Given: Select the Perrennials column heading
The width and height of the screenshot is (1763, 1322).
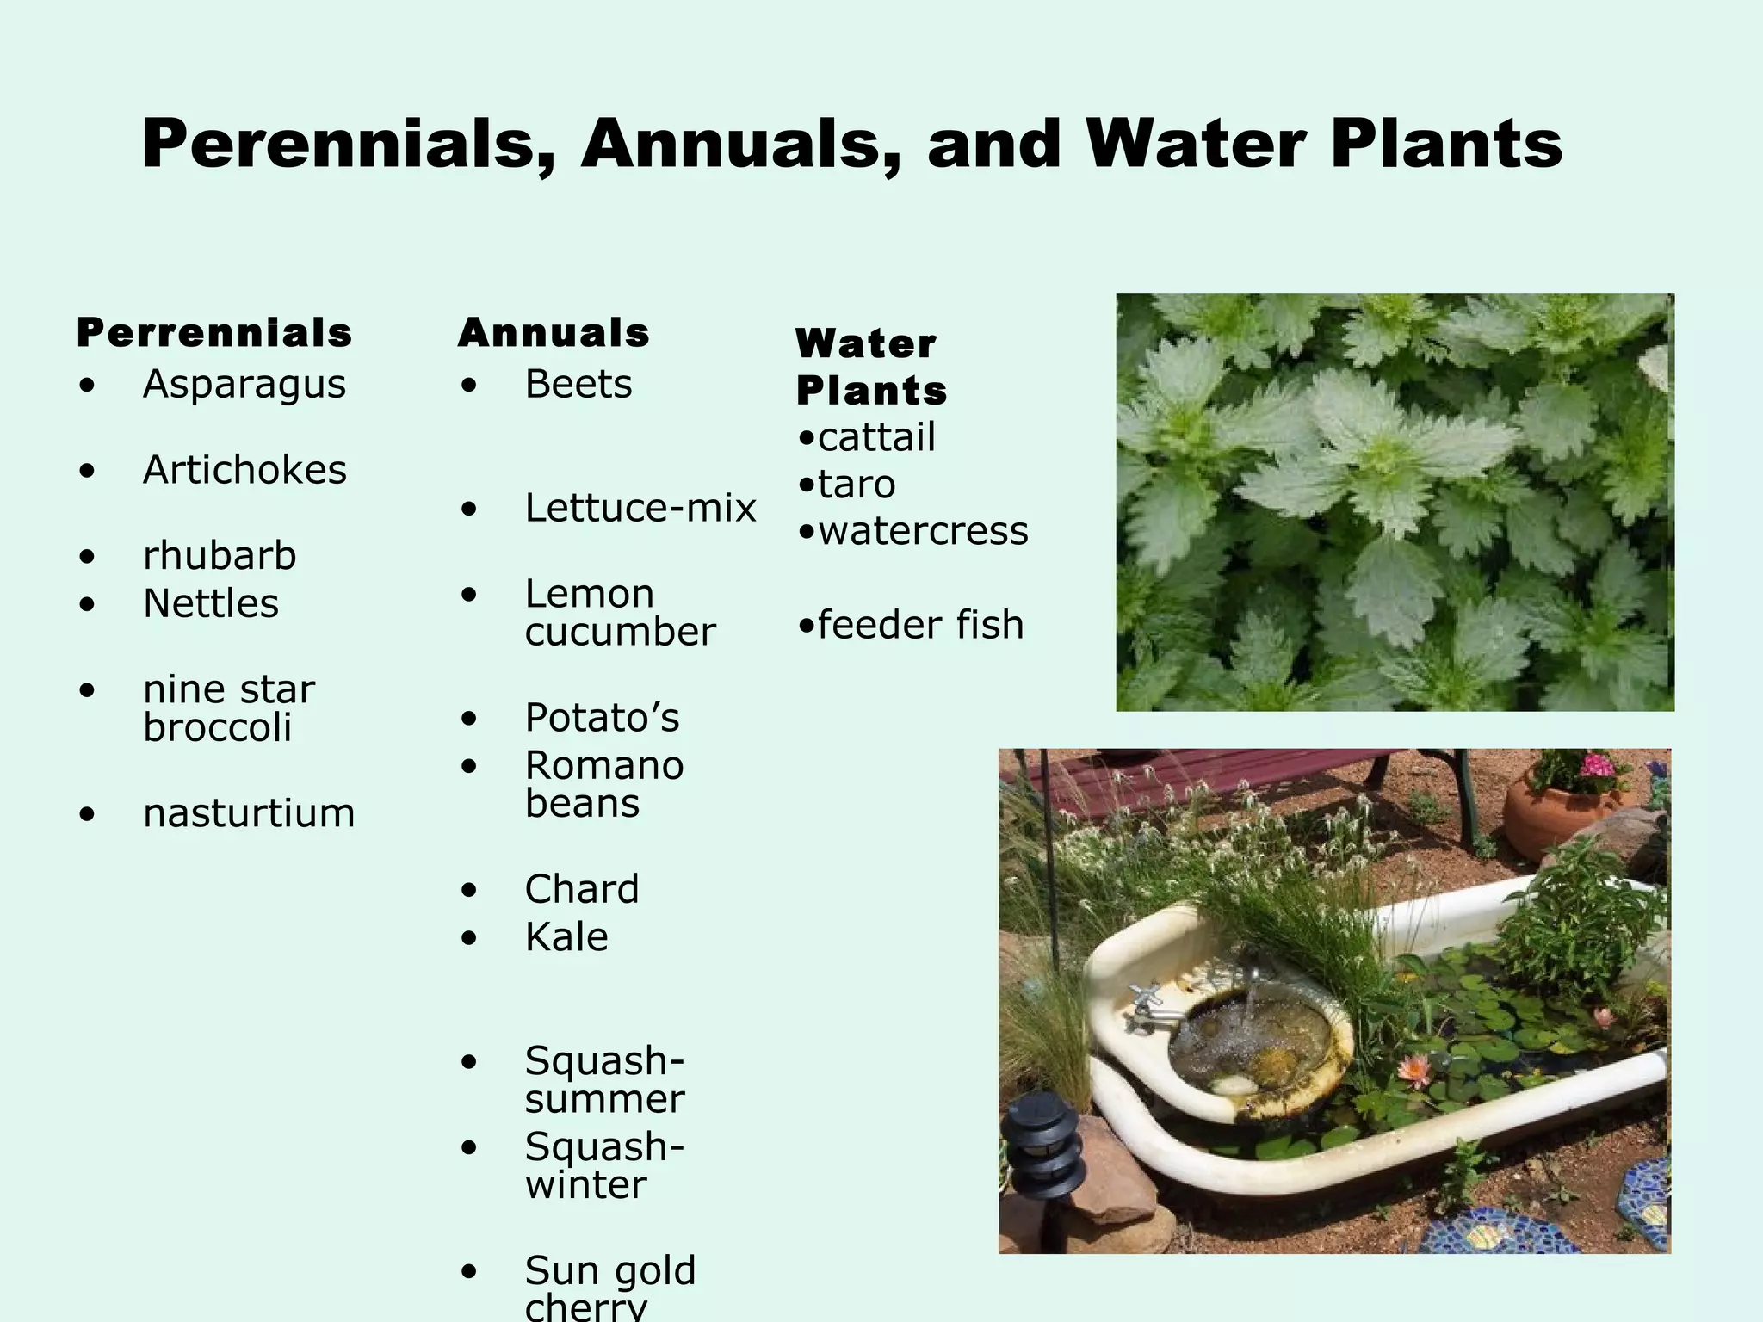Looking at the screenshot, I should coord(214,333).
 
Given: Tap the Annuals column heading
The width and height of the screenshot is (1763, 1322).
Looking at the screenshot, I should coord(554,333).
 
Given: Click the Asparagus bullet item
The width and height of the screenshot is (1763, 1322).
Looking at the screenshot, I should coord(244,384).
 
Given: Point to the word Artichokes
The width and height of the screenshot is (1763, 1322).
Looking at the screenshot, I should coord(244,470).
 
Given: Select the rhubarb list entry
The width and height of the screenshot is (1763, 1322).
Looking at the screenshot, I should coord(220,556).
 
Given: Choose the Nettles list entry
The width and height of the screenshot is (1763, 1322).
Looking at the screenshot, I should coord(211,603).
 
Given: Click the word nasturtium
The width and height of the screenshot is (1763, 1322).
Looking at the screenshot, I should coord(249,813).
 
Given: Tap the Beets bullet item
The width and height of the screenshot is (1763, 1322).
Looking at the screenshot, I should coord(578,384).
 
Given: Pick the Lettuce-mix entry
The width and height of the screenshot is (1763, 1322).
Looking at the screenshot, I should coord(640,508).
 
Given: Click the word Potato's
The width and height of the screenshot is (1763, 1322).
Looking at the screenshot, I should coord(602,718).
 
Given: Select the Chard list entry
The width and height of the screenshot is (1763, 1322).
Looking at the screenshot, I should coord(582,889).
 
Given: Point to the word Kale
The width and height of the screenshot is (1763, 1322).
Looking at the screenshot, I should coord(566,936).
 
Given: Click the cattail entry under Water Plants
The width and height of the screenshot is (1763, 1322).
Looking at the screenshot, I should coord(875,437).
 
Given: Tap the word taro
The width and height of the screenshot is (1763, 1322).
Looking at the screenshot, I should coord(856,485).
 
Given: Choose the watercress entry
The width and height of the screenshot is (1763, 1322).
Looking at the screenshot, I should coord(922,531).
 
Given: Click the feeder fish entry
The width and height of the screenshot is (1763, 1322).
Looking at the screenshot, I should coord(919,625).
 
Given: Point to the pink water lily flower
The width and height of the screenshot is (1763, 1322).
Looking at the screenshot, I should coord(1413,1070).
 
